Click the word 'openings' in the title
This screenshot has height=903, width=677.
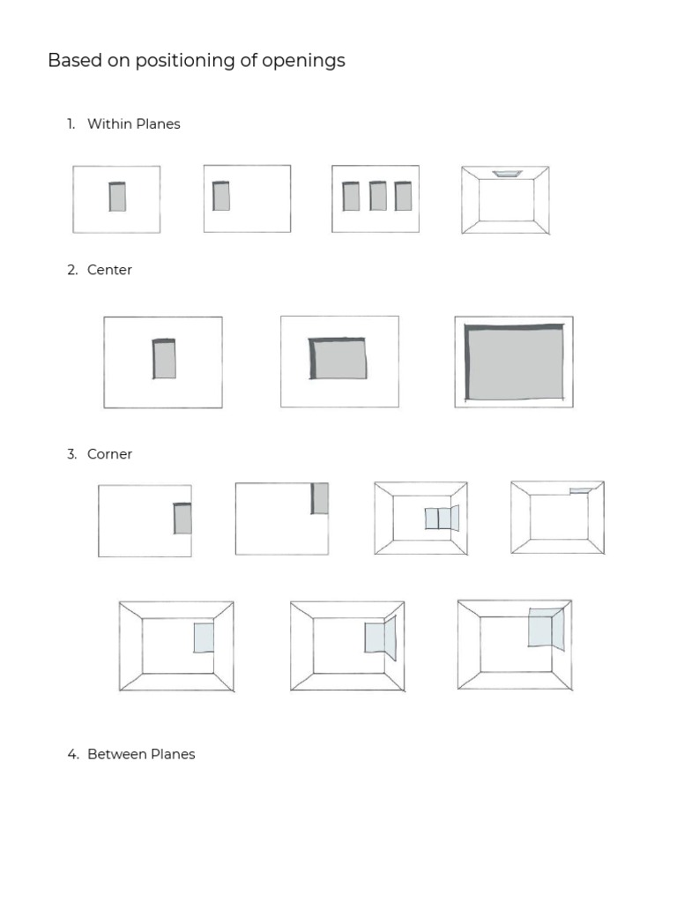pyautogui.click(x=306, y=62)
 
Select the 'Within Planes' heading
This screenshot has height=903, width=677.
pyautogui.click(x=133, y=124)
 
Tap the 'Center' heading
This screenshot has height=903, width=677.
pyautogui.click(x=109, y=271)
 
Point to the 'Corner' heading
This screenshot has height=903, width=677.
pyautogui.click(x=109, y=454)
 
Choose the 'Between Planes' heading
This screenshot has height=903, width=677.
pyautogui.click(x=141, y=755)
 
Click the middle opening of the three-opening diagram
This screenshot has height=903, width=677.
pyautogui.click(x=377, y=196)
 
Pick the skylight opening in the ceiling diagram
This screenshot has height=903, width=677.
pyautogui.click(x=507, y=174)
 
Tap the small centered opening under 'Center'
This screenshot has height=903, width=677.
pyautogui.click(x=164, y=359)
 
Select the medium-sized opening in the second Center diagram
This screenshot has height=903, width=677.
pyautogui.click(x=338, y=358)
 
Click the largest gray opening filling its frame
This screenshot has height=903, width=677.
pyautogui.click(x=515, y=362)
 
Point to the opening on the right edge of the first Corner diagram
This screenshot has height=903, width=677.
pyautogui.click(x=182, y=519)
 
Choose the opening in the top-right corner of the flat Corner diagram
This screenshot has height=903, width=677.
pyautogui.click(x=320, y=498)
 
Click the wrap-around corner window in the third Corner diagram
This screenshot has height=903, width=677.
pyautogui.click(x=442, y=519)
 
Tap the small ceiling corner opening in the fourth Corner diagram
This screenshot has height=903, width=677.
pyautogui.click(x=580, y=490)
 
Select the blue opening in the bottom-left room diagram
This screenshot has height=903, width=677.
pyautogui.click(x=204, y=638)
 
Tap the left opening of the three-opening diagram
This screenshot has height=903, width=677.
pyautogui.click(x=351, y=196)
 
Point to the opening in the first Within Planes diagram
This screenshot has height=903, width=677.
pyautogui.click(x=117, y=197)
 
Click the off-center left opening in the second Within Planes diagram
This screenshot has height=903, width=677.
pyautogui.click(x=221, y=196)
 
